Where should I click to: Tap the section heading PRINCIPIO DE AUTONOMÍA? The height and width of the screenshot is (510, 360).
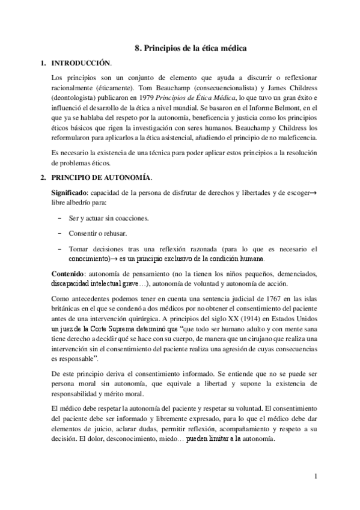(x=102, y=178)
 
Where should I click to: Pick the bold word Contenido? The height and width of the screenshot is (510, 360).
(x=68, y=274)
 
